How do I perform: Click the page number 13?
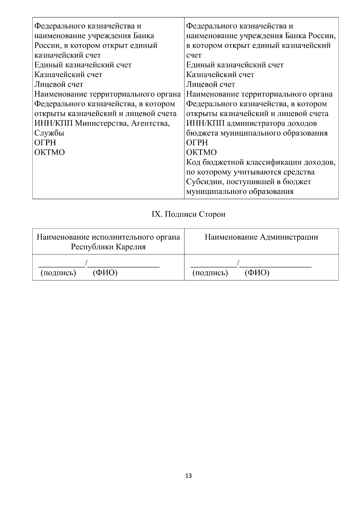(189, 476)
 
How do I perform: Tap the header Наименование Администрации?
(261, 237)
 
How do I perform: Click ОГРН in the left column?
(45, 143)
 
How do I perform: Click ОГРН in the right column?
(197, 143)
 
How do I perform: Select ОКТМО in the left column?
(49, 152)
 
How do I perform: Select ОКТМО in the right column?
(201, 152)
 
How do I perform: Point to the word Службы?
(49, 133)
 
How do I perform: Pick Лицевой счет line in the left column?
(59, 84)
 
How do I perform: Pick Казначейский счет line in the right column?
(220, 75)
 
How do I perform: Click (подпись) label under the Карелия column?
(58, 273)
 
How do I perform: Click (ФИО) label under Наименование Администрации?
(257, 273)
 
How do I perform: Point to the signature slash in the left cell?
(86, 264)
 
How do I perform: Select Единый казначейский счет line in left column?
(83, 65)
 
